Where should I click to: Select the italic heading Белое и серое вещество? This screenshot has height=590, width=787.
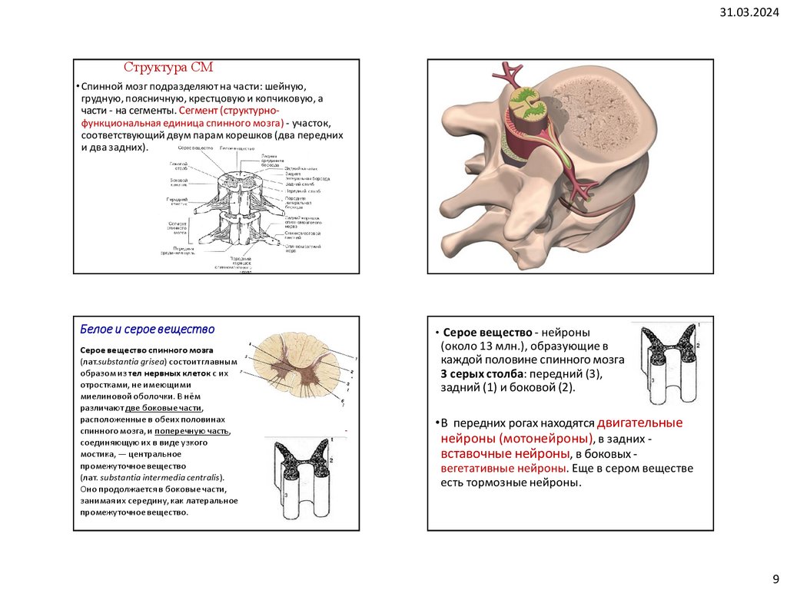[148, 330]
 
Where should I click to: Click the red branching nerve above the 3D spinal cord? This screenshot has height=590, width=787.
[510, 73]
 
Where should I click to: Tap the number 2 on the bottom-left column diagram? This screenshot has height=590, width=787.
[331, 459]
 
